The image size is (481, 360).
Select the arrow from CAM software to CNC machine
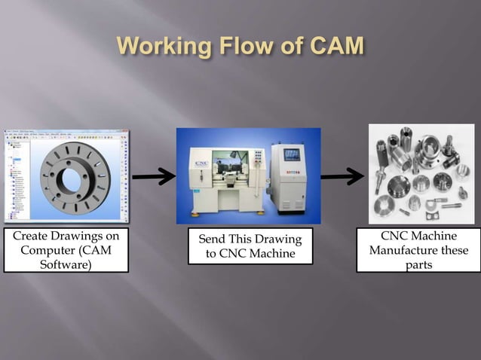click(154, 178)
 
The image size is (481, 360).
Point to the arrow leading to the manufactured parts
click(343, 178)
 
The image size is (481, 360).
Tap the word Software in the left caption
click(66, 264)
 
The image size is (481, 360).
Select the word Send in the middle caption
click(213, 239)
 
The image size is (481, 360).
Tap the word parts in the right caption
click(418, 264)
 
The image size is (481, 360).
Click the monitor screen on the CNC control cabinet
click(291, 154)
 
